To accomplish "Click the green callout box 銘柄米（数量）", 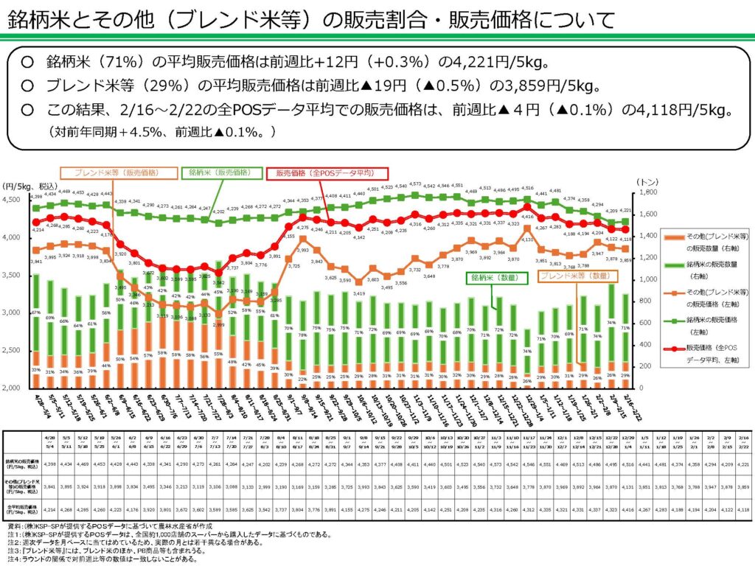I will tap(489, 278).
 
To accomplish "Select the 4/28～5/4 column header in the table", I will tap(51, 440).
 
